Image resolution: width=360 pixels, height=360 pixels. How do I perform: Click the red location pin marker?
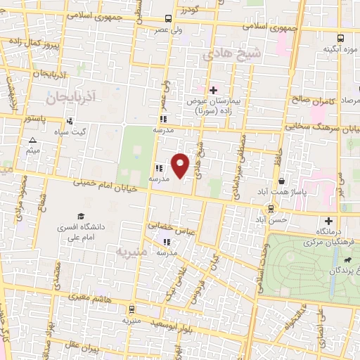tap(181, 165)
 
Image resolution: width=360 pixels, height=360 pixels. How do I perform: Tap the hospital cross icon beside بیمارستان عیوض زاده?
tap(214, 90)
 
